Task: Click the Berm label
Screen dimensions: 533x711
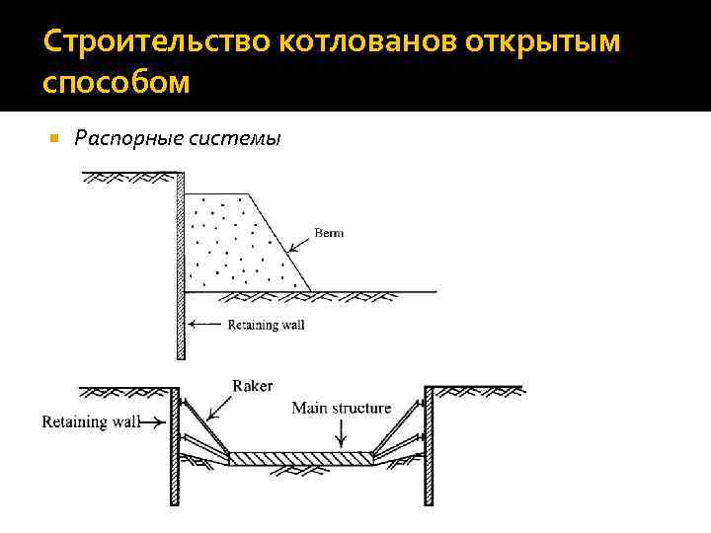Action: coord(329,233)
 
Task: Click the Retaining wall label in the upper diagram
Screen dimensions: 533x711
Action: coord(267,324)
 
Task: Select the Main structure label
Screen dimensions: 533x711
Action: coord(342,408)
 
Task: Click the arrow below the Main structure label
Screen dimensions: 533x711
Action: coord(341,433)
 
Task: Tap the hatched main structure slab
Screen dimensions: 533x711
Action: coord(301,458)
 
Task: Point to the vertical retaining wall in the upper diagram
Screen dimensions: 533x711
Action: coord(181,266)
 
